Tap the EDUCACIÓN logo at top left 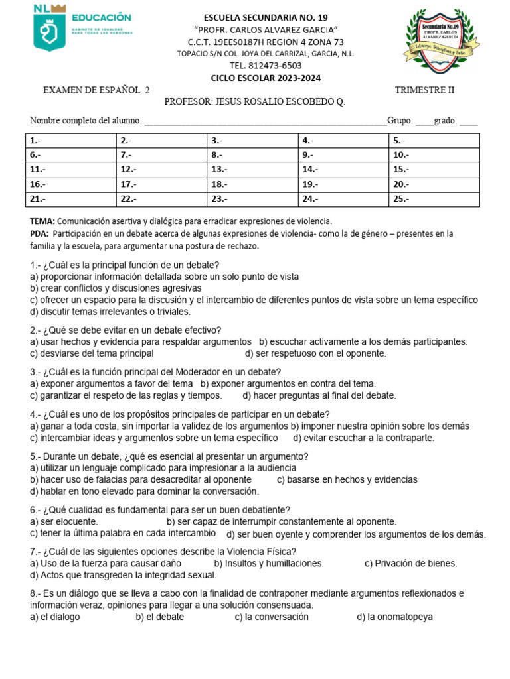point(82,31)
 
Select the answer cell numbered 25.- point(434,198)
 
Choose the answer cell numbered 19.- point(343,184)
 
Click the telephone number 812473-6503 point(266,66)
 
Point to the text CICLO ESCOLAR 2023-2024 point(266,78)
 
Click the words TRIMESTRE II point(424,90)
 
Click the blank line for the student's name point(265,121)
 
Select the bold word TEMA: point(43,221)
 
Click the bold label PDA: point(40,233)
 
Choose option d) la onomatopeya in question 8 point(394,617)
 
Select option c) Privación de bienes point(411,563)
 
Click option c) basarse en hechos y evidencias point(347,479)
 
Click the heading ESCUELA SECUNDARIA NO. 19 point(266,17)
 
